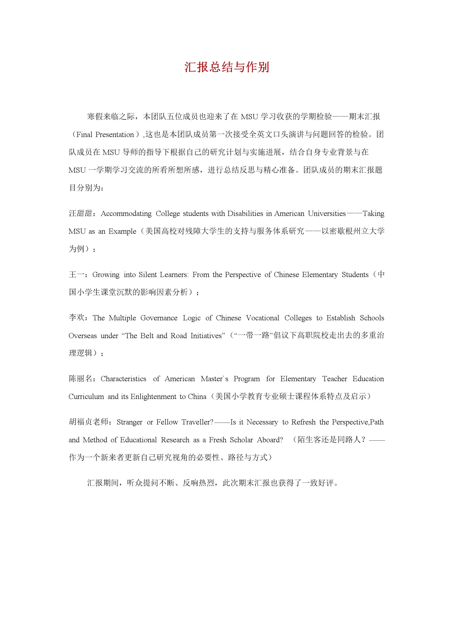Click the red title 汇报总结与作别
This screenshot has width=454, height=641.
coord(227,67)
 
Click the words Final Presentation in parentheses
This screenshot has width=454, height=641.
coord(105,135)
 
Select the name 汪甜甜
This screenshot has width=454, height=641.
coord(80,213)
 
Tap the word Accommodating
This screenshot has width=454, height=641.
coord(126,213)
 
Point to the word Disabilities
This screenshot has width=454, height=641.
coord(245,213)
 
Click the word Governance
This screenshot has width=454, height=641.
coord(159,318)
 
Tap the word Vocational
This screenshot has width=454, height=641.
coord(262,318)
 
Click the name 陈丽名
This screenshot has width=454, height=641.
coord(80,379)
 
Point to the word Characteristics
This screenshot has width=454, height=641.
coord(123,379)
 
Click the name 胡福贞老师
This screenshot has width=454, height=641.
coord(89,422)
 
